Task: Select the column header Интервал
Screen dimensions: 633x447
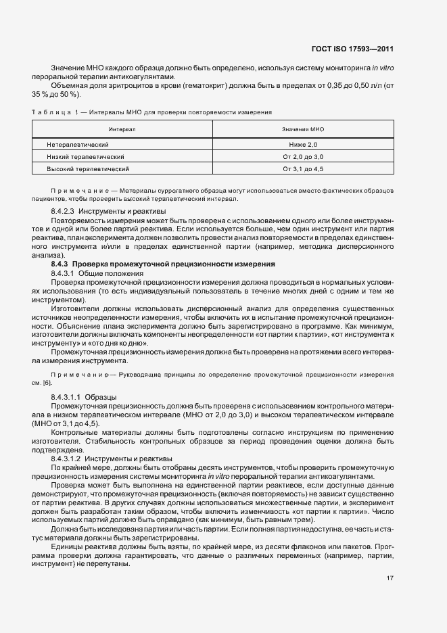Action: coord(122,128)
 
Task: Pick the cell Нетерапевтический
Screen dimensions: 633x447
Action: coord(78,145)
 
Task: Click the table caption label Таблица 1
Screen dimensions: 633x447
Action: coord(55,111)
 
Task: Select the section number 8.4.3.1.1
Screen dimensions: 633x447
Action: coord(66,395)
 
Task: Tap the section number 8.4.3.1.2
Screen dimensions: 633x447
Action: coord(66,459)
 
